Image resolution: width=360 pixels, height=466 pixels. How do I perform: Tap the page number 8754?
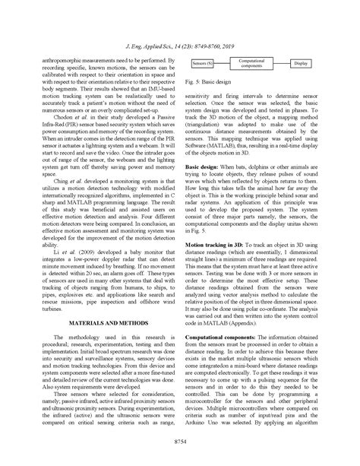point(180,440)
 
